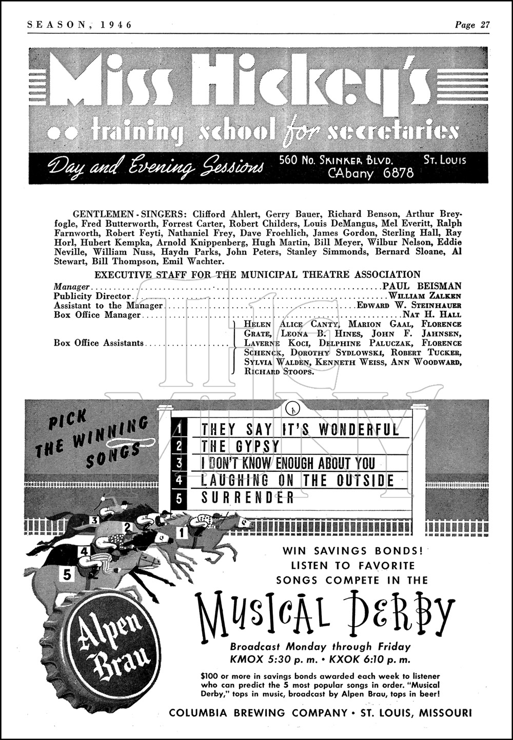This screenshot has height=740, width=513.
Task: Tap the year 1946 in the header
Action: [x=115, y=25]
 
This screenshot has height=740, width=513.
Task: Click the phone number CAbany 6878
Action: [x=370, y=173]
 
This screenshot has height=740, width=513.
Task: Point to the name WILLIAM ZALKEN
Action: [x=425, y=296]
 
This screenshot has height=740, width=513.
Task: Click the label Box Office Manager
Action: [x=97, y=315]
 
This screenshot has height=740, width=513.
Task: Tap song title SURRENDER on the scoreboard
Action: [x=248, y=497]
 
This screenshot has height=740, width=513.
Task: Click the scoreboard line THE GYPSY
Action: [x=241, y=446]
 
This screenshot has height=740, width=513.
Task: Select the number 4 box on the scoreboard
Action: [x=179, y=481]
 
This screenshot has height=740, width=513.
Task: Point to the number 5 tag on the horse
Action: [x=67, y=575]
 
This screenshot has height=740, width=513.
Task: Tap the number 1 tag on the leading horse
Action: [x=181, y=533]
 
